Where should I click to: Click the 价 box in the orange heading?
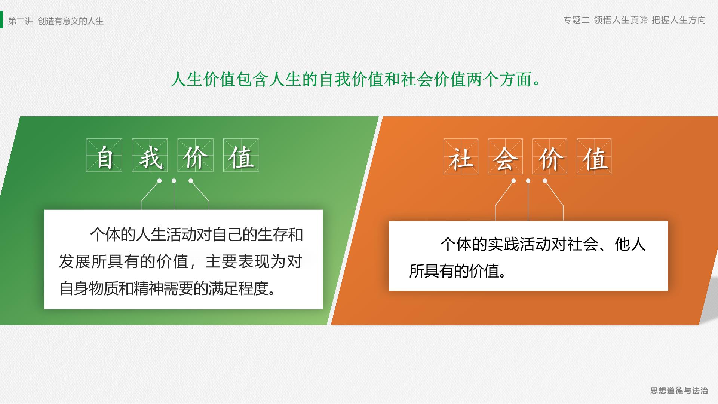tap(550, 156)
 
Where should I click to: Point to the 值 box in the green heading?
tap(241, 155)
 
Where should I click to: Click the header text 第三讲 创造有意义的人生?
tap(56, 21)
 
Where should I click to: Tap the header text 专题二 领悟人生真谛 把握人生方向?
tap(635, 20)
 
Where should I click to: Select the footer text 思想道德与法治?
tap(679, 391)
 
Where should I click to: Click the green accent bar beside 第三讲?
tap(1, 19)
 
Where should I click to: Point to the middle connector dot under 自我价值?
tap(174, 181)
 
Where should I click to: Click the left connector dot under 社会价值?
tap(513, 181)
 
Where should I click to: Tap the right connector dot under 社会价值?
tap(545, 181)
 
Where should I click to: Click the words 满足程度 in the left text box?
tap(238, 288)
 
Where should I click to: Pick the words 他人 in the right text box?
tap(630, 244)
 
